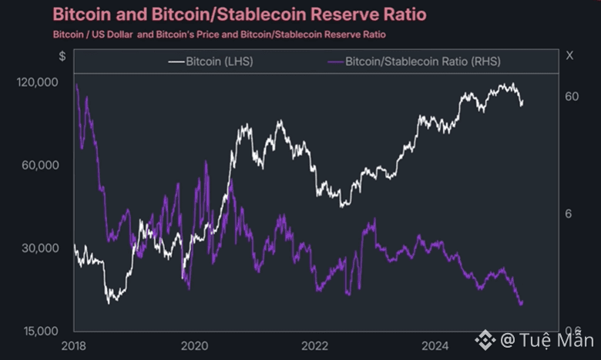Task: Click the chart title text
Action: click(239, 14)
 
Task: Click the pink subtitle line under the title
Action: click(220, 35)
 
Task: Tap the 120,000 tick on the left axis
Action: click(37, 82)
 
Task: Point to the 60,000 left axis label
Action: click(39, 165)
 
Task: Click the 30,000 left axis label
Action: click(39, 248)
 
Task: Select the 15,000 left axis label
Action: click(39, 331)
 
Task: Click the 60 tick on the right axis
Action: click(571, 96)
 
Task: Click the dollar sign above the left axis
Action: click(62, 56)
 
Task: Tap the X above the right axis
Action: click(569, 56)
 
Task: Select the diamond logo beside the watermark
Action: click(485, 339)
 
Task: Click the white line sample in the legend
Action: click(176, 60)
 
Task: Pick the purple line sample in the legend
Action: click(336, 60)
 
